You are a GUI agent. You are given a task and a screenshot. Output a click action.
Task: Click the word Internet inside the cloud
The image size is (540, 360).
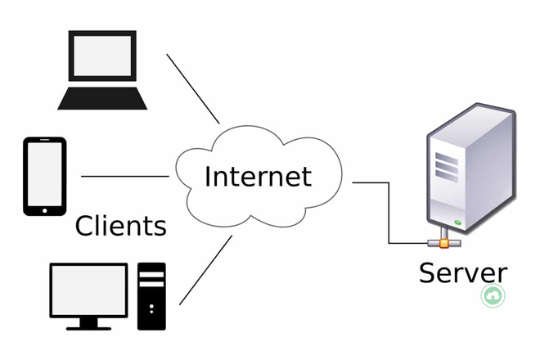click(258, 176)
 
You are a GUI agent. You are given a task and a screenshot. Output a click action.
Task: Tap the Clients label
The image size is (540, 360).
click(121, 225)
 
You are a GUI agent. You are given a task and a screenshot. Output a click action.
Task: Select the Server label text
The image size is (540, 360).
click(463, 272)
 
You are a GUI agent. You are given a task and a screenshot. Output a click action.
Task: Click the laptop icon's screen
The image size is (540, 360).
click(102, 61)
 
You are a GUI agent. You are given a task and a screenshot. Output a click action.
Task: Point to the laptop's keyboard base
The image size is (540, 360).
click(102, 100)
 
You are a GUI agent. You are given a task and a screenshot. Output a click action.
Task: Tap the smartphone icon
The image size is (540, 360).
click(45, 176)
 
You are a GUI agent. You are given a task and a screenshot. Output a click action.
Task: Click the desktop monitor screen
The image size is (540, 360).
click(88, 289)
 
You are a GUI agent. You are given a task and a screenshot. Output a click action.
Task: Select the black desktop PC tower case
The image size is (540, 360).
click(151, 295)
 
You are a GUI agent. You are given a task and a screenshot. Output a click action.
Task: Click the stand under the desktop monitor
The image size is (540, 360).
click(88, 323)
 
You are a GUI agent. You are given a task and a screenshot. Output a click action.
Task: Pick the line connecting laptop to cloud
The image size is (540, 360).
click(193, 88)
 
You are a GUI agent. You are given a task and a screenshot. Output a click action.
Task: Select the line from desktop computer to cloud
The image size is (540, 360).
click(205, 270)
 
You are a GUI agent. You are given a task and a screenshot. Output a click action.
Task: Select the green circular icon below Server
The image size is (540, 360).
click(493, 296)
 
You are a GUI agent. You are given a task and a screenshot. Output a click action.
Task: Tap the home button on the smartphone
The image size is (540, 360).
click(45, 209)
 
